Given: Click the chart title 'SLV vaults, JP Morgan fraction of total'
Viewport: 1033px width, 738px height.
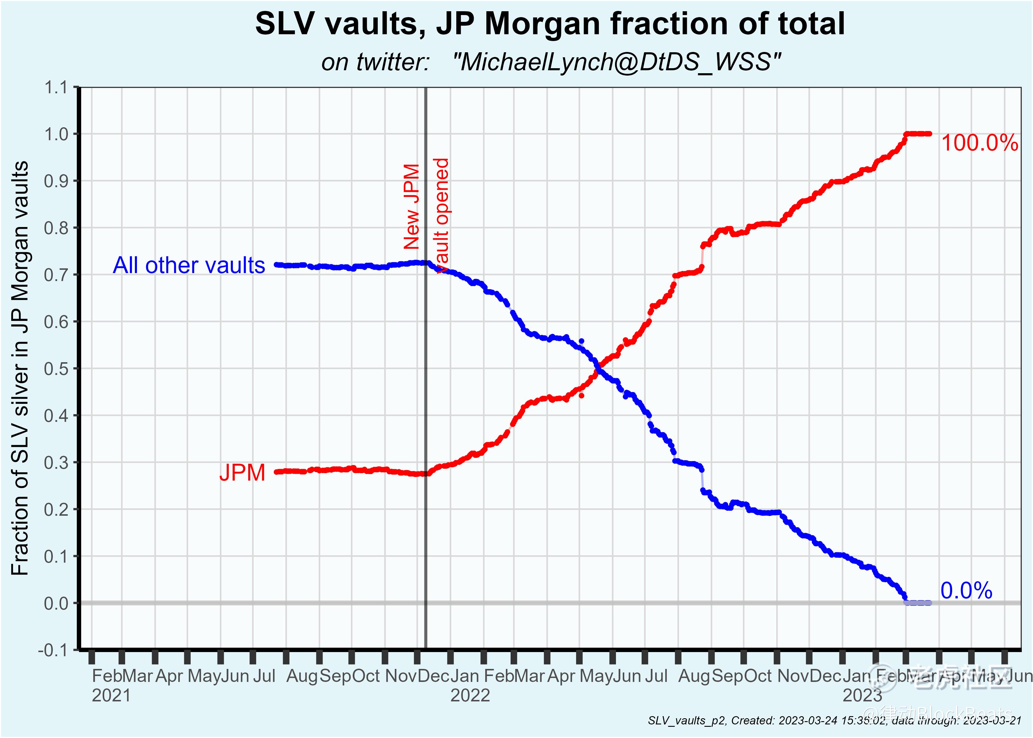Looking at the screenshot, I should [550, 24].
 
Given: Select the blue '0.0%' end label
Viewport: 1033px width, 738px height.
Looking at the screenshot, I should [966, 591].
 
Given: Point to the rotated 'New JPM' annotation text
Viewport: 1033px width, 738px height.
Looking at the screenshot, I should [411, 206].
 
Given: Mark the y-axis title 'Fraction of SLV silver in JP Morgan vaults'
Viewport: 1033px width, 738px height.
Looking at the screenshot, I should [20, 368].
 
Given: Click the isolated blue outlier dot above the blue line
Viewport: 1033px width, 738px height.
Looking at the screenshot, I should [581, 341].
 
